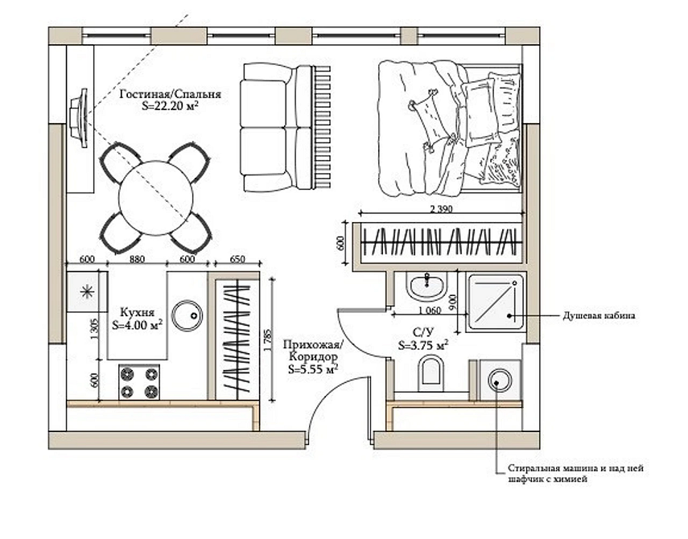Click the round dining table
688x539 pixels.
click(x=156, y=198)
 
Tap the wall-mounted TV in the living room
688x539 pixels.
click(x=80, y=118)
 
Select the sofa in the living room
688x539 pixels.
click(x=277, y=127)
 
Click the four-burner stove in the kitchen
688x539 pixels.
click(x=139, y=381)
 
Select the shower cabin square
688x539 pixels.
click(x=496, y=303)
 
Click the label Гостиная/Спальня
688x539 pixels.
click(x=171, y=94)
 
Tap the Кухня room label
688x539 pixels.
click(x=137, y=312)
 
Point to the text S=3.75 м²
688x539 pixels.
click(x=423, y=345)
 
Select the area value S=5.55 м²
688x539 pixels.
click(x=312, y=368)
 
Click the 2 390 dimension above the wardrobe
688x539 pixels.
click(x=441, y=209)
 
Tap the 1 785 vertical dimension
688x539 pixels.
click(x=267, y=341)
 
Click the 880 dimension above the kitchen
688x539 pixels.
click(x=137, y=259)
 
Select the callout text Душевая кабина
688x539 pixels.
click(x=599, y=315)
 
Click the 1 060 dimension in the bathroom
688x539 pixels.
click(x=430, y=311)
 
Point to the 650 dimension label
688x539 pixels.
click(x=237, y=259)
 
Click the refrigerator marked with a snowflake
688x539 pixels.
click(x=88, y=292)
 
